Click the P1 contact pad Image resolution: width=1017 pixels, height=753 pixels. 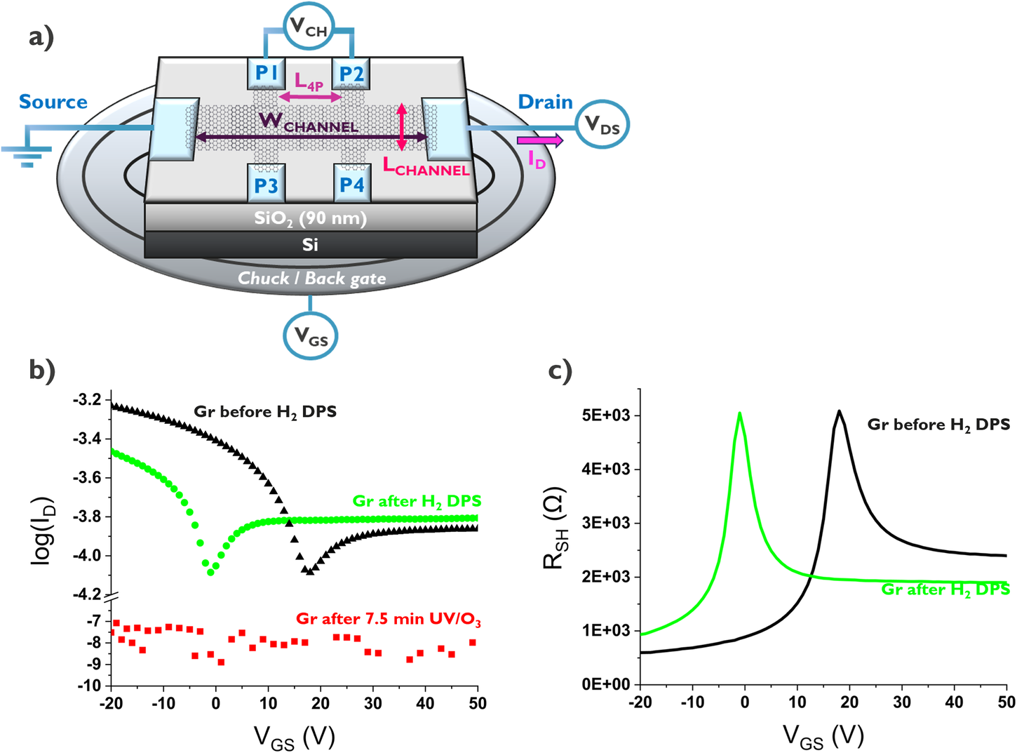point(266,73)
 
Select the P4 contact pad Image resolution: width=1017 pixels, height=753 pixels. point(351,185)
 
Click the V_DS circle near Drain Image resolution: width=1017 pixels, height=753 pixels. point(602,125)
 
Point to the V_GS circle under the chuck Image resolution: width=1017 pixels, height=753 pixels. point(310,337)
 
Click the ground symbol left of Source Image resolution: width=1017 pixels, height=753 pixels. point(27,154)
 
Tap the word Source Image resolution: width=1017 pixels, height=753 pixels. point(53,102)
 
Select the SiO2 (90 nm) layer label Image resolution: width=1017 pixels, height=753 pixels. point(310,218)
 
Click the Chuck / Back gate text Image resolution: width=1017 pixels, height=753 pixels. point(311,279)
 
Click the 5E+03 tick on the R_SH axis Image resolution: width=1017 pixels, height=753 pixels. point(607,415)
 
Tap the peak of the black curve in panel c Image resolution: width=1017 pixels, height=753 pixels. point(838,411)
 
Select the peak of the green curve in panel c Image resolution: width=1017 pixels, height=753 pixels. point(740,413)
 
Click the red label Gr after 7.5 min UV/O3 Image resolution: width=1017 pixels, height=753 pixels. point(388,619)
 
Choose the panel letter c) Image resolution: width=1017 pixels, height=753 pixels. point(560,371)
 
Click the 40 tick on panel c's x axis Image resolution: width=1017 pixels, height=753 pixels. point(954,702)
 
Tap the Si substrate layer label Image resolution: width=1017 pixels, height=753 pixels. point(310,244)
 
